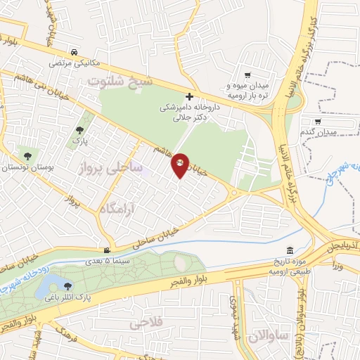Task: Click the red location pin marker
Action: (180, 165)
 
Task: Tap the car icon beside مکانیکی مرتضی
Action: (75, 52)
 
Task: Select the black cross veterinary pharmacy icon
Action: (188, 96)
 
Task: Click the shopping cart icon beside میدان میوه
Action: (247, 75)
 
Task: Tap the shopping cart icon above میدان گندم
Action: (337, 121)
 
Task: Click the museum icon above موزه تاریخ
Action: (290, 251)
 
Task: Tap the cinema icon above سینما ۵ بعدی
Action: (107, 250)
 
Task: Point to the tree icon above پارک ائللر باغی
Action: (67, 285)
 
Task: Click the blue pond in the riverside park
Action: (50, 285)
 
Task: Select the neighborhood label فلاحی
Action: (146, 323)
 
